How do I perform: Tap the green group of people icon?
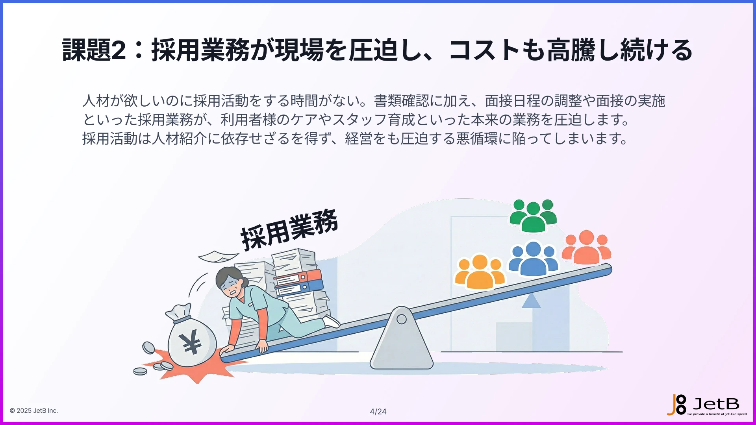533,216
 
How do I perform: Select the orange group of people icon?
480,272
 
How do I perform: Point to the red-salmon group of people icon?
586,248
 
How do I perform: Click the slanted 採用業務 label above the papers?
289,230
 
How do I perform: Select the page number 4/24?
378,412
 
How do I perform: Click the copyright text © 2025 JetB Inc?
34,410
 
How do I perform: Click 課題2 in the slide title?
94,50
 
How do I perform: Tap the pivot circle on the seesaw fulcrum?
402,319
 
